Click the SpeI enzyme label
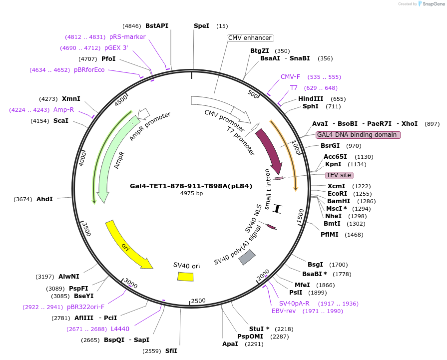201,25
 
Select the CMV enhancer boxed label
250,38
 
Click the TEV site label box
339,175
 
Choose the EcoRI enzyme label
337,193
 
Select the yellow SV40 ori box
185,276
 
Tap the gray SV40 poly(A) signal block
247,257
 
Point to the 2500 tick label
198,300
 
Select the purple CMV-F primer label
290,77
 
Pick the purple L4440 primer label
120,329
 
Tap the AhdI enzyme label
44,199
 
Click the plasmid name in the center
191,186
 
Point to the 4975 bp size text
191,193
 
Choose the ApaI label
230,344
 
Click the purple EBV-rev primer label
283,311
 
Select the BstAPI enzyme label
157,25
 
